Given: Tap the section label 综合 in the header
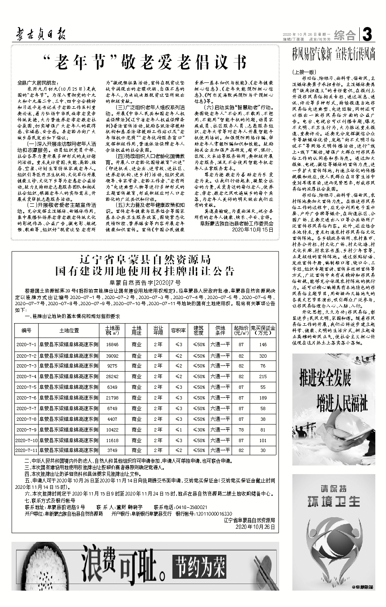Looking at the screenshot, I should pos(345,35).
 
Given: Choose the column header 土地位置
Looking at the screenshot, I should pos(69,330).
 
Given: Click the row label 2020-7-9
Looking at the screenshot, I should pos(26,429).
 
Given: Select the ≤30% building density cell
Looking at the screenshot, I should pos(199,429).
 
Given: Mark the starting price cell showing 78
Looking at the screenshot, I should pos(241,429).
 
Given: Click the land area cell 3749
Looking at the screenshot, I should pos(112,450).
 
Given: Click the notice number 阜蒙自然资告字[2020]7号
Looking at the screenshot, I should pos(145,283).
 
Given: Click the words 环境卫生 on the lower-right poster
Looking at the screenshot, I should pos(333,501).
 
